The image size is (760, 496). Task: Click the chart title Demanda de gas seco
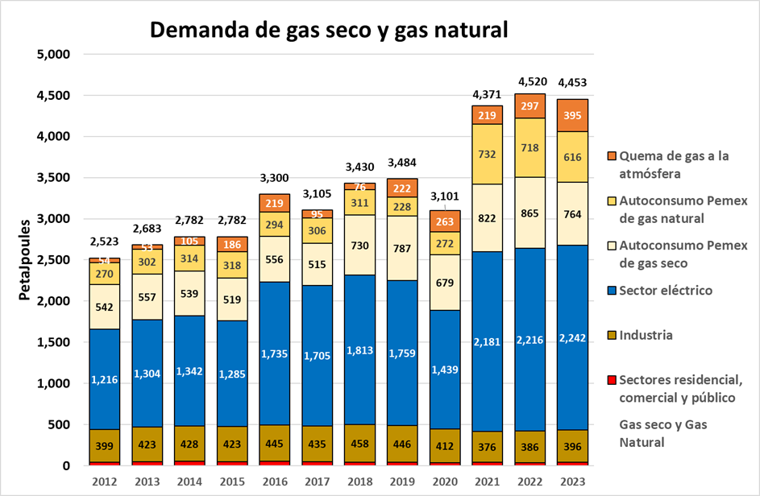click(x=329, y=30)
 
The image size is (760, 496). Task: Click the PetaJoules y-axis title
click(x=24, y=259)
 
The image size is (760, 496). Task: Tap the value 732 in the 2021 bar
click(x=487, y=154)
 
